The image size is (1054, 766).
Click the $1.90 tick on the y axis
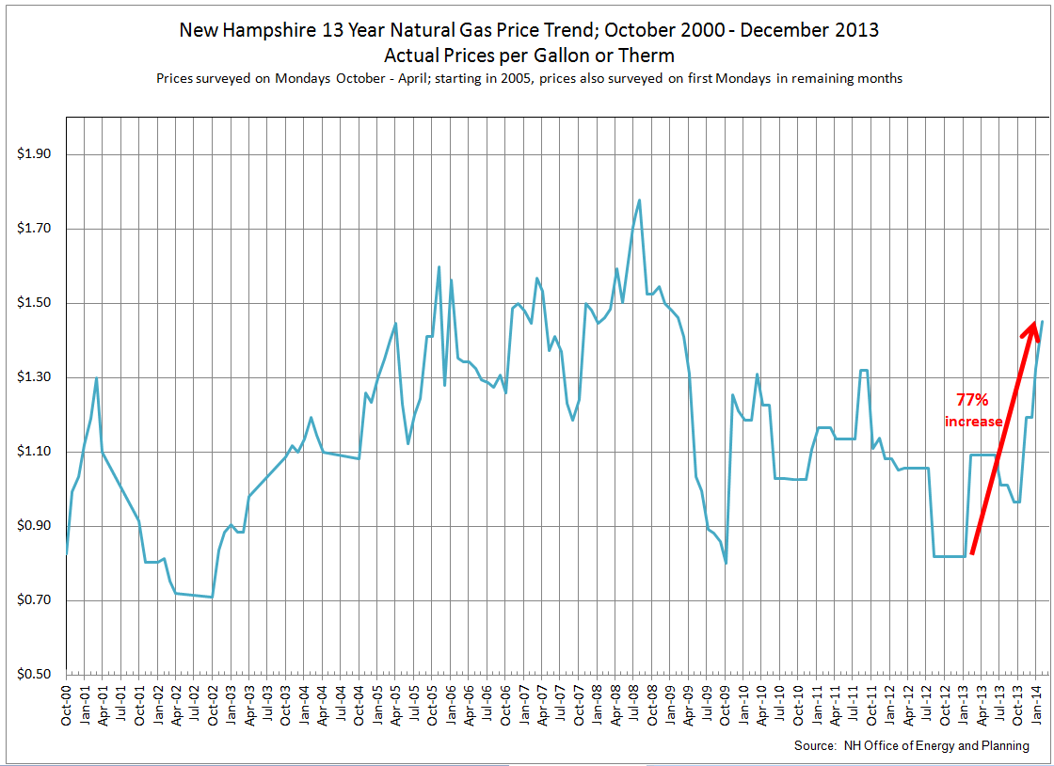pos(35,154)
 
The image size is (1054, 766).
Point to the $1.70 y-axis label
pos(35,229)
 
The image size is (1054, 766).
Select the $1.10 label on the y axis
pos(35,452)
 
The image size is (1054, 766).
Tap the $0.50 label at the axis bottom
pos(35,675)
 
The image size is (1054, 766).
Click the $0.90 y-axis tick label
pos(35,526)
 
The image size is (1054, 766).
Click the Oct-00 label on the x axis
pos(67,703)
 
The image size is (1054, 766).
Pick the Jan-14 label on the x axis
pos(1036,703)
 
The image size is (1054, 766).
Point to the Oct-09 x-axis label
pos(726,703)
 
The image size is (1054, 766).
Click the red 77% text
pos(973,400)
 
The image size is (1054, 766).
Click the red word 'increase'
pos(973,422)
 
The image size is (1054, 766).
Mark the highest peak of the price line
pos(639,199)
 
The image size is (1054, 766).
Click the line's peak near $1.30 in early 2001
pos(96,378)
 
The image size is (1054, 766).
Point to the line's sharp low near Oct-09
pos(726,563)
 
